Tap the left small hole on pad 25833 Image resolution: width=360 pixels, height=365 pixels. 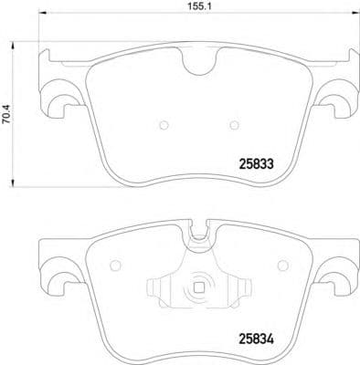click(x=161, y=125)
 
